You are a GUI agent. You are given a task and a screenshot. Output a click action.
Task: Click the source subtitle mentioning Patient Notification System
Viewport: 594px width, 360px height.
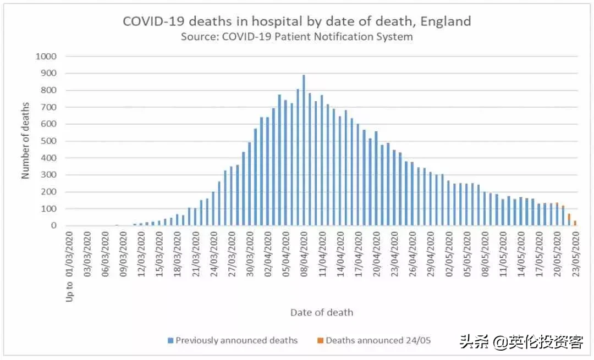click(296, 37)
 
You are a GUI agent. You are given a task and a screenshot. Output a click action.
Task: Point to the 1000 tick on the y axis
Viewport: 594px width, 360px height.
click(46, 56)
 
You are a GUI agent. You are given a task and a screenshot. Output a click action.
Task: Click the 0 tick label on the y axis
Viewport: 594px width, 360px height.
click(54, 226)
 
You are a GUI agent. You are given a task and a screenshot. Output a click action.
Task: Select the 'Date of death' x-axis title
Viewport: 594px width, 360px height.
click(322, 313)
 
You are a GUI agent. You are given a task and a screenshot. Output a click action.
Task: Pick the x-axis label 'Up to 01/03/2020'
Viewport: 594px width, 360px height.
click(70, 266)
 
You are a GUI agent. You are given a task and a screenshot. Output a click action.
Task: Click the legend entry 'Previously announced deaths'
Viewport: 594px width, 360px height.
click(237, 341)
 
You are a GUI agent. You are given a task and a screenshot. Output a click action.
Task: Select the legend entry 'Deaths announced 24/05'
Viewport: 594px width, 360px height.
click(378, 341)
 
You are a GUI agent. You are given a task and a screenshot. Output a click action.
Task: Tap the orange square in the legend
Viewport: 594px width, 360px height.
click(321, 341)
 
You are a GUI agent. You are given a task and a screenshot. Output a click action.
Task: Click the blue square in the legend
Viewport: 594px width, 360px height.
click(171, 341)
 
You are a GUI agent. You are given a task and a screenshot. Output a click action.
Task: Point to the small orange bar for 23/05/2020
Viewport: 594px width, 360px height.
click(575, 223)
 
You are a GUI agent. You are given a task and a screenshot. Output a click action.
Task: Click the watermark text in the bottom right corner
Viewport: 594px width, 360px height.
click(521, 342)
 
